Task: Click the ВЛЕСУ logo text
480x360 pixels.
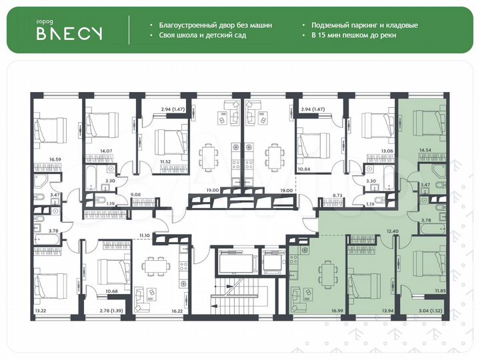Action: (x=69, y=34)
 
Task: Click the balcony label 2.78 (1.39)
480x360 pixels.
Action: (x=99, y=311)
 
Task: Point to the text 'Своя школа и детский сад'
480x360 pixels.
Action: (x=203, y=35)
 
